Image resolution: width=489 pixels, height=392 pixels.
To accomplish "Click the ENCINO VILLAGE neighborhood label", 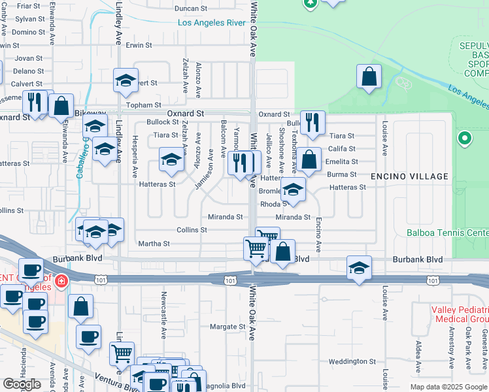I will click(409, 176).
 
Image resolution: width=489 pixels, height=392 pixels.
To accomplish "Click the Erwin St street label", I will click(139, 46).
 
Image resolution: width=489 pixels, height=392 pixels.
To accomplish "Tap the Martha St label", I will click(154, 244).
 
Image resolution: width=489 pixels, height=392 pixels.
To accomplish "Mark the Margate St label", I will click(227, 327).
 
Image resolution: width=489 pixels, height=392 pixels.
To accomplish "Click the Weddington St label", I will click(348, 361).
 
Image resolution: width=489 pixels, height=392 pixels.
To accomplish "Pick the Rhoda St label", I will click(270, 204).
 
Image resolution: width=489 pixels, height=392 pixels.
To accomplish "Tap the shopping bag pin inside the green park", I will click(369, 76).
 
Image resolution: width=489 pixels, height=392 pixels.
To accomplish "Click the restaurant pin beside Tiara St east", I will click(312, 122).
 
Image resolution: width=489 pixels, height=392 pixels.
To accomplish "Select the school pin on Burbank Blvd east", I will click(359, 268).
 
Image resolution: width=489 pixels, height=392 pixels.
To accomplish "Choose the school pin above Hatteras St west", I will click(171, 159).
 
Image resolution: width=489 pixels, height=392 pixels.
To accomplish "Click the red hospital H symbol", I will click(60, 282).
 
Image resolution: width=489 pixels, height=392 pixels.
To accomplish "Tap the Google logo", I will click(22, 384).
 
